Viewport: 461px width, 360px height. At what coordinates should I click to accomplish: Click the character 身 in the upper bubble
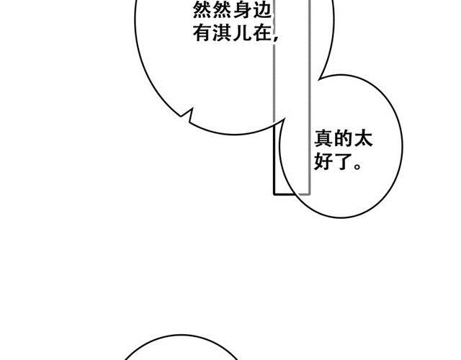[x=243, y=11]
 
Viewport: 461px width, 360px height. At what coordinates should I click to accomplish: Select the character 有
[x=202, y=33]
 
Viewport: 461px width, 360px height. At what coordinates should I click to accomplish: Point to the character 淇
[x=223, y=33]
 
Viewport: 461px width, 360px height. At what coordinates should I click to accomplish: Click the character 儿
[x=243, y=33]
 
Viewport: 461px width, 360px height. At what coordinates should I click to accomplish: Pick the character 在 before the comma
[x=261, y=33]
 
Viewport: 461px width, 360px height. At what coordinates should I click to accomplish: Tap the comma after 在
[x=275, y=39]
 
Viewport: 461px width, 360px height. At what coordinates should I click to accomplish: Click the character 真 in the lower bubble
[x=323, y=139]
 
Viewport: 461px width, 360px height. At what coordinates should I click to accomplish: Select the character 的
[x=344, y=139]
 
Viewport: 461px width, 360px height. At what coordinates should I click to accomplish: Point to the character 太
[x=363, y=139]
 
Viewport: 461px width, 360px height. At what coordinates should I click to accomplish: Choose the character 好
[x=323, y=161]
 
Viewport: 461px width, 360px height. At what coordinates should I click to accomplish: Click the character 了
[x=344, y=161]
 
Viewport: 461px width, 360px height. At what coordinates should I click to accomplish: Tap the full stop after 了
[x=357, y=166]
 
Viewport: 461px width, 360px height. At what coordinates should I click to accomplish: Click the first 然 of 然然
[x=202, y=11]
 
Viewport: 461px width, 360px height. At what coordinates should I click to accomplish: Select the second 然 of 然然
[x=223, y=11]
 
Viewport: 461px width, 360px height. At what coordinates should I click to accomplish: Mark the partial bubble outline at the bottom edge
[x=181, y=336]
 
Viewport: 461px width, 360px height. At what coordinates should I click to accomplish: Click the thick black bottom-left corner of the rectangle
[x=274, y=194]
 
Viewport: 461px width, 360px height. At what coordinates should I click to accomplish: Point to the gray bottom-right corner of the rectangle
[x=309, y=194]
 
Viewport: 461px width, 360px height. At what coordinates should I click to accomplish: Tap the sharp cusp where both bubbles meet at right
[x=318, y=79]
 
